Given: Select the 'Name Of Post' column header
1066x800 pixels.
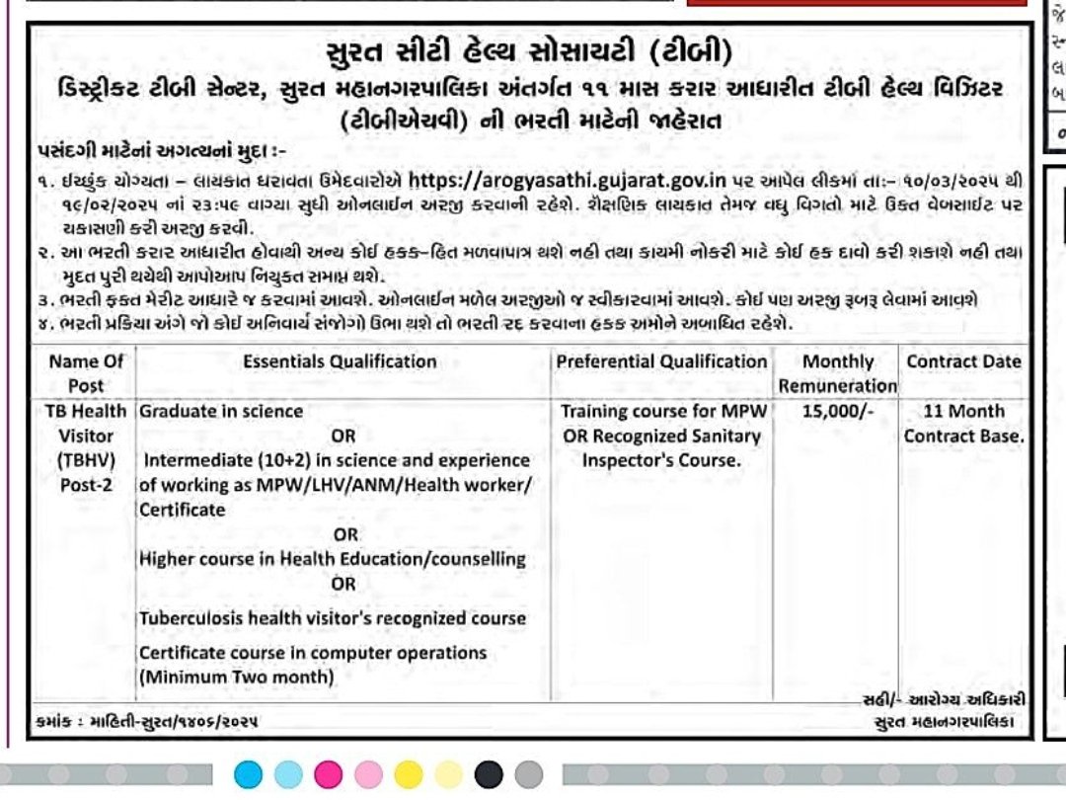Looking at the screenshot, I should click(x=86, y=372).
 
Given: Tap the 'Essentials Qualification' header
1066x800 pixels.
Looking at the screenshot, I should click(x=340, y=361).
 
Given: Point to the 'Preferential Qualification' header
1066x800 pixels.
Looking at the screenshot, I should click(x=661, y=361).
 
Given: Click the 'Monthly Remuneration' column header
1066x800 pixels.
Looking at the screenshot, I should click(x=838, y=373).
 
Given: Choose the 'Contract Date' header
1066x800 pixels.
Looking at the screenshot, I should click(x=963, y=361).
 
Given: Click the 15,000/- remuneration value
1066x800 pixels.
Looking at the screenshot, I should click(x=838, y=411).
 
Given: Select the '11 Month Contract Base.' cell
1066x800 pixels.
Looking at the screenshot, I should click(x=963, y=423).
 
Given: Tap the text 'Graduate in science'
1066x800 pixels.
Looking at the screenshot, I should click(x=221, y=411).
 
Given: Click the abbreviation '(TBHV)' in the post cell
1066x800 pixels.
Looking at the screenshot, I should click(x=86, y=460).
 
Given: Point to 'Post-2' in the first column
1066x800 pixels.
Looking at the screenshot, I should click(x=86, y=485).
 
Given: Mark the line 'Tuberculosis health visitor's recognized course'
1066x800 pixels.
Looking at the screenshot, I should click(x=333, y=618).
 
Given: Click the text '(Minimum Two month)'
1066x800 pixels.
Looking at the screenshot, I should click(x=236, y=678).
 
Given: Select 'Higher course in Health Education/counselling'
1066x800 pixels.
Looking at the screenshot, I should click(x=333, y=559).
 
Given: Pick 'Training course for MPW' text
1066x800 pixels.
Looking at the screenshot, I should click(x=660, y=411).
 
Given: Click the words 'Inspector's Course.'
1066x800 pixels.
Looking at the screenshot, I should click(x=660, y=460).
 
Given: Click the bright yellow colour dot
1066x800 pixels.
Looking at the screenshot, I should click(x=408, y=774).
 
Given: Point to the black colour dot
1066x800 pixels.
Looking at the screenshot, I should click(x=489, y=774).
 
